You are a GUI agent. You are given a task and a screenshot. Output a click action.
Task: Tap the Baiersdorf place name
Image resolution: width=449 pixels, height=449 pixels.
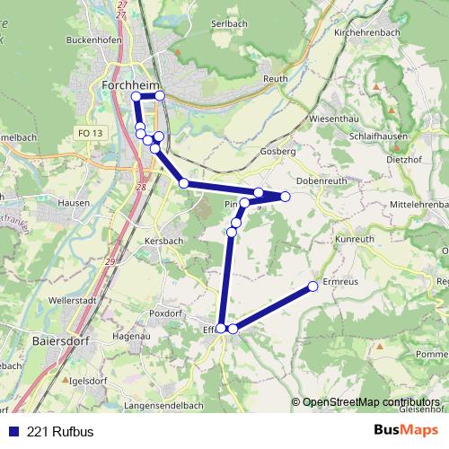coord(58,341)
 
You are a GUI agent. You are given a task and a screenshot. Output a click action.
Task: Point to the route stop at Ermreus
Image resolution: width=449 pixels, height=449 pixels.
coord(313,286)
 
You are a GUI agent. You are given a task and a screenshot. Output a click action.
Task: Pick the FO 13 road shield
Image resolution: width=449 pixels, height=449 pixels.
coord(91,133)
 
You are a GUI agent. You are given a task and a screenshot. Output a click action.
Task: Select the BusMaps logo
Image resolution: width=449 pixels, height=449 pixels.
coord(405,430)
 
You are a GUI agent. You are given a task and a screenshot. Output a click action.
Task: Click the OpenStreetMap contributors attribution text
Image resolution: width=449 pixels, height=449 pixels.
coord(370,401)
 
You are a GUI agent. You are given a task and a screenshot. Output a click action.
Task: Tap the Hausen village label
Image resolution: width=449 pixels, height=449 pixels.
coord(74,203)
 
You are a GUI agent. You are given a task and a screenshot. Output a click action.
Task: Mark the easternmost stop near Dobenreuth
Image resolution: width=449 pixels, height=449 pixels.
coord(286,196)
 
